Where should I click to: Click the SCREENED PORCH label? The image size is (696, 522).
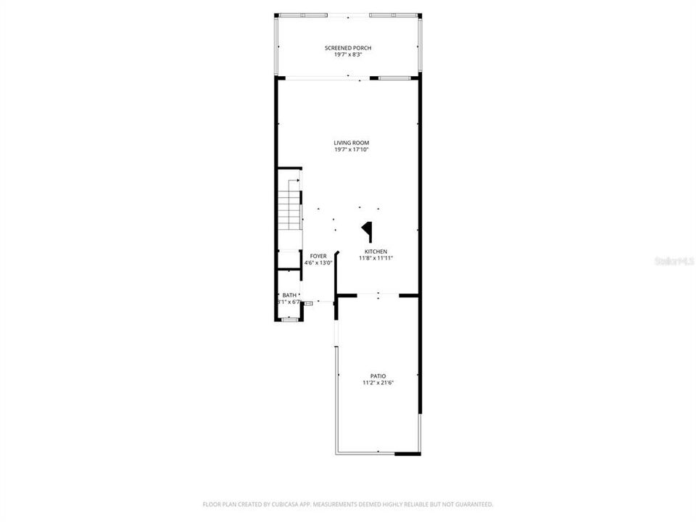click(x=347, y=48)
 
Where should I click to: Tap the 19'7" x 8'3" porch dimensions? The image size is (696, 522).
click(x=347, y=54)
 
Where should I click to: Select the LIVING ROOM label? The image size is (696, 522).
click(x=348, y=143)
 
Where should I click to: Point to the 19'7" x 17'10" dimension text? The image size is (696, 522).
click(x=348, y=150)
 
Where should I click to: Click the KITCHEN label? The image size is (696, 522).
click(x=376, y=251)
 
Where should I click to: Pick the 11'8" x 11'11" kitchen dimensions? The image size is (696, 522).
click(x=376, y=258)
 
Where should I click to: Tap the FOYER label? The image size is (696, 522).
click(x=318, y=256)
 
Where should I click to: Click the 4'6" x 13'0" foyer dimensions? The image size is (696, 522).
click(x=318, y=263)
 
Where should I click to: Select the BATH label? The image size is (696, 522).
click(x=289, y=295)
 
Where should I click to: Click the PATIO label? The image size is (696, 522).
click(x=378, y=376)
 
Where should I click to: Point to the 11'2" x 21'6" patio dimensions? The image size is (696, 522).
click(x=378, y=383)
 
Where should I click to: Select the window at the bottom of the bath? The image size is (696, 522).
click(x=289, y=319)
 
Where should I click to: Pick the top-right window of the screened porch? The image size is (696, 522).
click(x=391, y=15)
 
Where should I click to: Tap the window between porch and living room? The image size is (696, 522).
click(x=394, y=78)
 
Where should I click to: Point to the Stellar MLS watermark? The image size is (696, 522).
click(x=673, y=260)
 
